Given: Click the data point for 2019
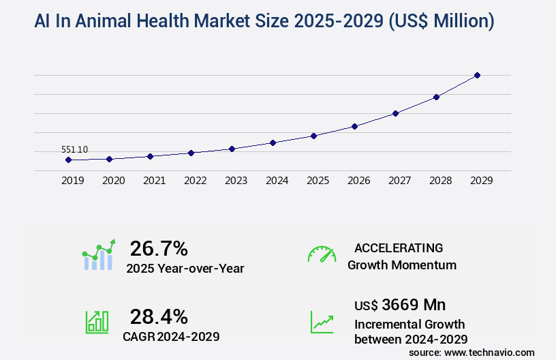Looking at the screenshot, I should (68, 160).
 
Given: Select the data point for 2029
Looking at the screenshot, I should (477, 75).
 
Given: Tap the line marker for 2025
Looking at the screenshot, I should (313, 136).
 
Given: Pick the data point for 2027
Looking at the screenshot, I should (395, 113).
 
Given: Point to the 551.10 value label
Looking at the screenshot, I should (74, 149).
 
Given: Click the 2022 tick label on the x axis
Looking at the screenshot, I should (195, 181).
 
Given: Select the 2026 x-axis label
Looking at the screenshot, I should (358, 181).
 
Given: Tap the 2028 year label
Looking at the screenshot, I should (440, 181).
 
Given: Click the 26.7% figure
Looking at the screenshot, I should (159, 248).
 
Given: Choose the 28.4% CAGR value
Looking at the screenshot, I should (159, 316).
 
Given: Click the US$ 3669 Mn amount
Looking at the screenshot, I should (400, 304).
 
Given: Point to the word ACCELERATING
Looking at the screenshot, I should (399, 248).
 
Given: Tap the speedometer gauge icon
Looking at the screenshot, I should (322, 254).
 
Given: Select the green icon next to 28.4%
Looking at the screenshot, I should (97, 322).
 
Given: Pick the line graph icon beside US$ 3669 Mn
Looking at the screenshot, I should (322, 322).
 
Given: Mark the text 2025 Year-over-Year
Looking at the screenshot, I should (185, 269).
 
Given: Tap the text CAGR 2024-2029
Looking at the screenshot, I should (171, 336).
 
